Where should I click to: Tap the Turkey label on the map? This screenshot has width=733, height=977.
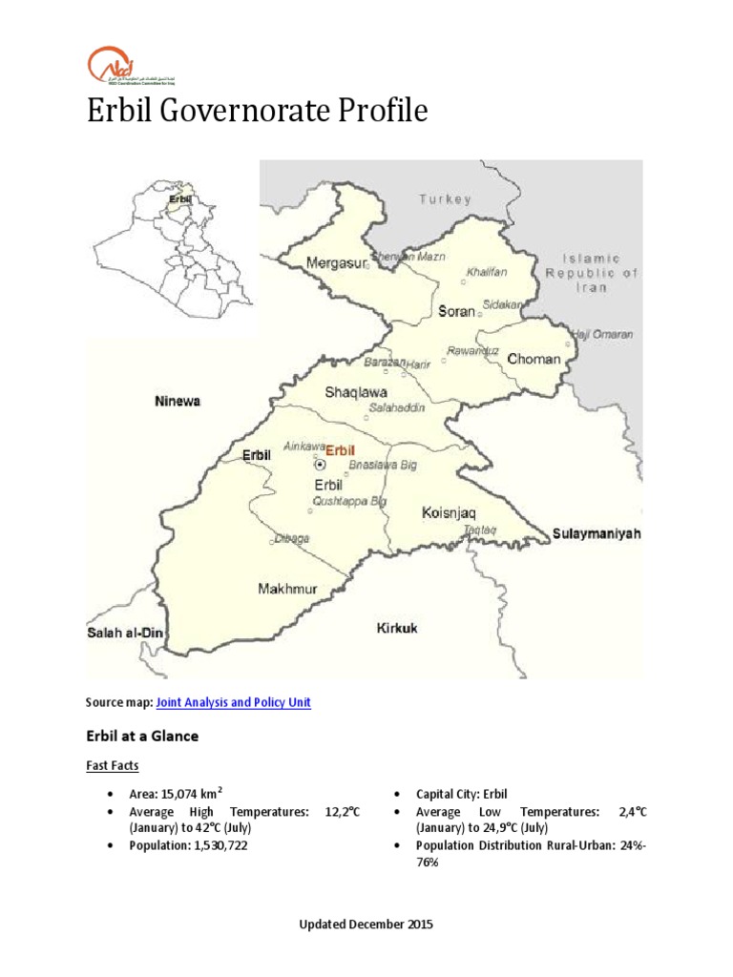445,199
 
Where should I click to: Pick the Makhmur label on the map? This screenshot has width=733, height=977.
287,589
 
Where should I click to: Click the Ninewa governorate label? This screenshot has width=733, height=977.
178,402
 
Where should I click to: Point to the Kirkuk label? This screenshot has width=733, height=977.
397,628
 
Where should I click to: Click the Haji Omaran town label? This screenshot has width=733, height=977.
600,335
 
